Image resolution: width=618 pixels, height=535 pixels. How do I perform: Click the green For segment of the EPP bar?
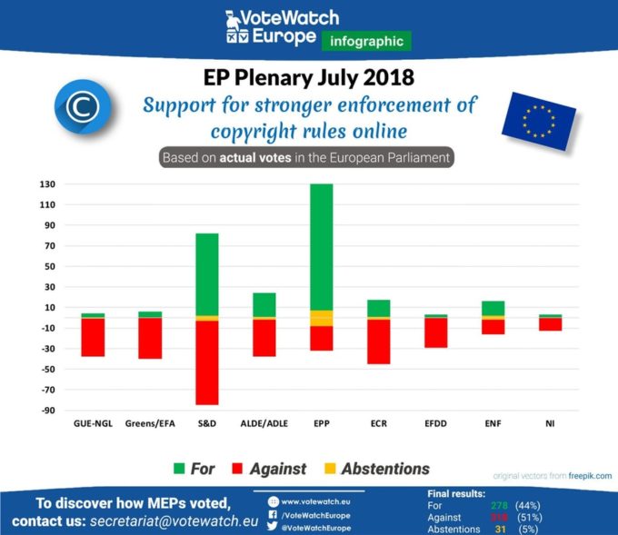pos(321,246)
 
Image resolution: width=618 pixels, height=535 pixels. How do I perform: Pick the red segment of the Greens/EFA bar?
pos(150,338)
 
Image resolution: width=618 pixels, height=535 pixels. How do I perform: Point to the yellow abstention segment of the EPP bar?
pos(321,318)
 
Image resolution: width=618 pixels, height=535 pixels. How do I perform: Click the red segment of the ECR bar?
pos(378,342)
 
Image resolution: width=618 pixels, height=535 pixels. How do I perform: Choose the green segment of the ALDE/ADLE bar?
pos(264,304)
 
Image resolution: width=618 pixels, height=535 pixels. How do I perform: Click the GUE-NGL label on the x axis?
pos(93,423)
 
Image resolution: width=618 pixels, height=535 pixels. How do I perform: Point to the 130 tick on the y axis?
pos(47,184)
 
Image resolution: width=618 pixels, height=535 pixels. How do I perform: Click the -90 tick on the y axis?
pos(47,411)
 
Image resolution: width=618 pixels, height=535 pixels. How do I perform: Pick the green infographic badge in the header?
pos(366,40)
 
